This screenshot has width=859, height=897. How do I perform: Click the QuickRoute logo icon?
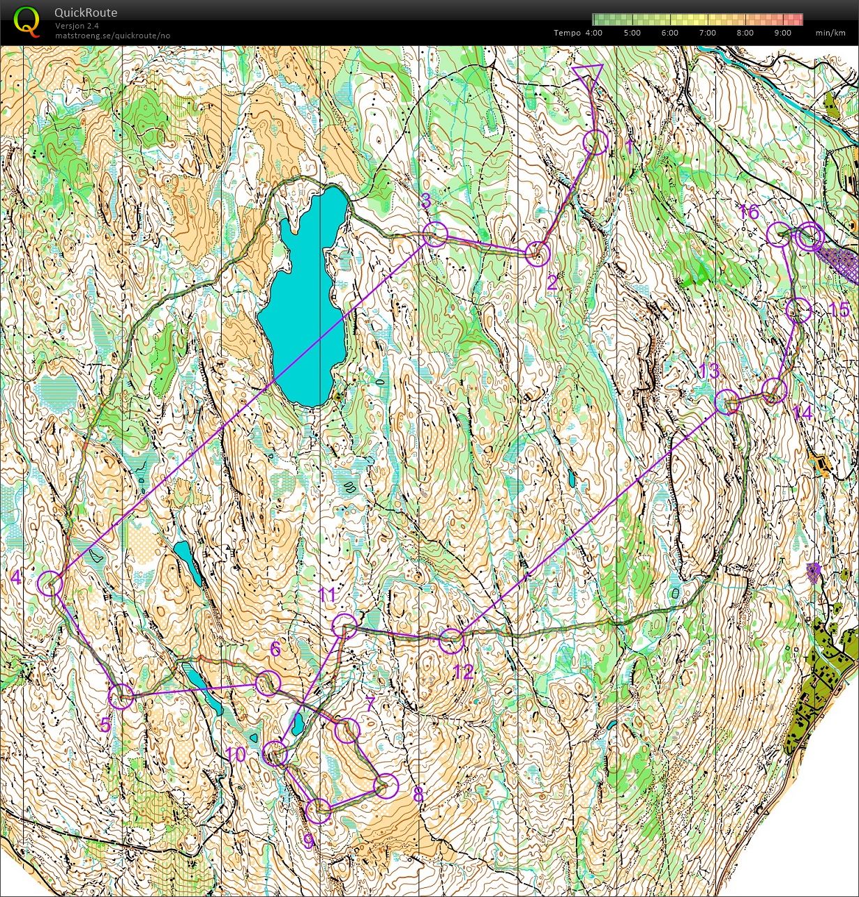click(26, 21)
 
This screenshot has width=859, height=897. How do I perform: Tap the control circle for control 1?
click(595, 142)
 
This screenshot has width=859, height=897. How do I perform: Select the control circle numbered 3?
click(434, 234)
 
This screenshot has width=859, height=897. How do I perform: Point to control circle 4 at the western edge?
click(50, 583)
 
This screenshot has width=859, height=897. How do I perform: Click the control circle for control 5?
click(121, 696)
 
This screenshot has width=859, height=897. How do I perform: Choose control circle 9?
click(319, 811)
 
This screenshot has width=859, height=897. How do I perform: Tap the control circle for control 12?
click(452, 639)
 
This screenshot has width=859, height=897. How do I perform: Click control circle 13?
click(727, 402)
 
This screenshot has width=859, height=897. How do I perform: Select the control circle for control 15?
click(799, 310)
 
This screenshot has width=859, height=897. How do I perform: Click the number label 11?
click(328, 595)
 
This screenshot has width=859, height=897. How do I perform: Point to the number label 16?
click(749, 212)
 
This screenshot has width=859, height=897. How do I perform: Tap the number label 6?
click(275, 650)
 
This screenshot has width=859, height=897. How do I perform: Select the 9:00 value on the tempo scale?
click(782, 33)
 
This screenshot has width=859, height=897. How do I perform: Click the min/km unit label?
click(830, 33)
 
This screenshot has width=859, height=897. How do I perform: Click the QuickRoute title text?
click(86, 13)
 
